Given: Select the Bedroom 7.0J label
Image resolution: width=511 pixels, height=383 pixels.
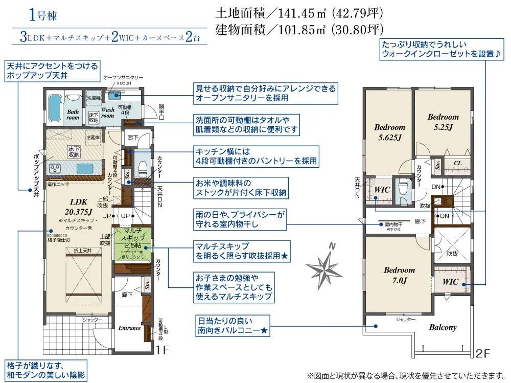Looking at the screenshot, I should click(400, 275).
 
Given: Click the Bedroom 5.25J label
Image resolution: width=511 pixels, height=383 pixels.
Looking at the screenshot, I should click(443, 122).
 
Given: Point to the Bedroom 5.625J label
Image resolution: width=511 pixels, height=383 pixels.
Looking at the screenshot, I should click(389, 132).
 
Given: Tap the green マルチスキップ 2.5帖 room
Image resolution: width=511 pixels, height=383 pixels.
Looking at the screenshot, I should click(132, 241).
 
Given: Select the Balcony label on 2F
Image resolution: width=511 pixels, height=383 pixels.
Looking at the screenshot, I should click(443, 327).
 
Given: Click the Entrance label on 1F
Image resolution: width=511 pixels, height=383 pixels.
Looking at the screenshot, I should click(130, 328).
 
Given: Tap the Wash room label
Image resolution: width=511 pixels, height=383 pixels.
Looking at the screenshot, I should click(108, 112).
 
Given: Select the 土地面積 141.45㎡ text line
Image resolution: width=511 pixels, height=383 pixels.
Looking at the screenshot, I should click(299, 12).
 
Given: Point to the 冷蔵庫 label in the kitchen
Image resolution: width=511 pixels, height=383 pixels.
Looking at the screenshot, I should click(92, 137).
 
